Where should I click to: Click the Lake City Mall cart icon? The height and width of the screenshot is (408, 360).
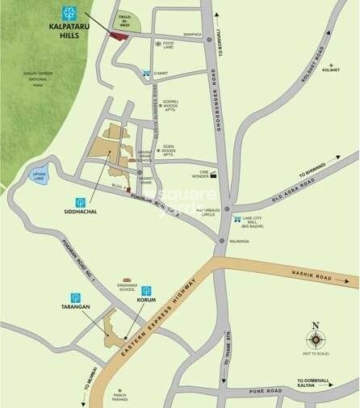(237, 218)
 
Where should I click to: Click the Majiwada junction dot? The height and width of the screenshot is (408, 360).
(222, 239)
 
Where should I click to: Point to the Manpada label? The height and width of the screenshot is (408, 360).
(192, 34)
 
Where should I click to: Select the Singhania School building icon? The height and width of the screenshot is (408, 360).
(128, 279)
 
